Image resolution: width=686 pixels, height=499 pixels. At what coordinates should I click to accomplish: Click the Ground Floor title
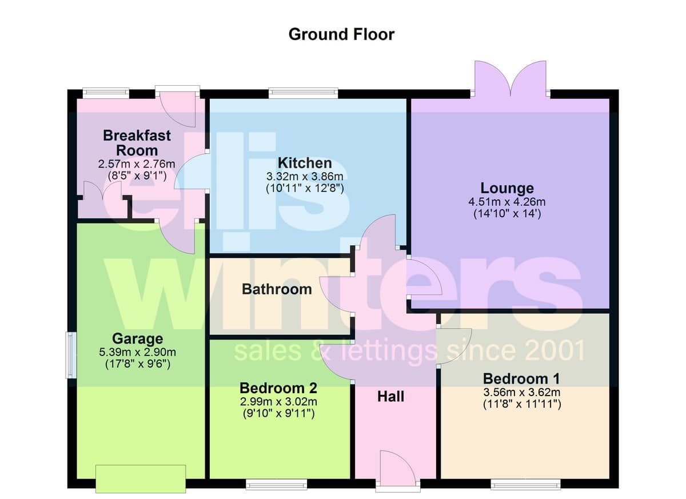341,34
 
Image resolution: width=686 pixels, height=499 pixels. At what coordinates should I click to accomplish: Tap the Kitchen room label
305,163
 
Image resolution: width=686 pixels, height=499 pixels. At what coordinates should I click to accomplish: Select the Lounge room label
507,188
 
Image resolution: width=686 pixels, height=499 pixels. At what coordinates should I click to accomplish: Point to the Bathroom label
277,289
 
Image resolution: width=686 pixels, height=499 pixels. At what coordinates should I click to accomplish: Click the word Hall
390,397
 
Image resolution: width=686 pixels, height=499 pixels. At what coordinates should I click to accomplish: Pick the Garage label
138,338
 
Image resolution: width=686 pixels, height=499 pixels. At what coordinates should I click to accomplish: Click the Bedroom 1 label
521,379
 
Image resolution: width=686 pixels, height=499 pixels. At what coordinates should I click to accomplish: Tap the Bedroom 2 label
278,388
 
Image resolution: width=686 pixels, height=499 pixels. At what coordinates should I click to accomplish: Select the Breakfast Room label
137,143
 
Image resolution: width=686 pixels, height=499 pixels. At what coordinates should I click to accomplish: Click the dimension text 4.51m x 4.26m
507,202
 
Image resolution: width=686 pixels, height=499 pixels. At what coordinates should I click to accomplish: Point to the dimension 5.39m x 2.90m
138,352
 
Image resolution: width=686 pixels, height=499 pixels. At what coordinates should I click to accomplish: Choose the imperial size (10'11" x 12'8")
305,188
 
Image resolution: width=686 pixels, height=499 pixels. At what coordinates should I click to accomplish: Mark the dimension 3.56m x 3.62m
522,392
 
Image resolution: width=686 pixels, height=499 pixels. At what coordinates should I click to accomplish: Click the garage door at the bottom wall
141,479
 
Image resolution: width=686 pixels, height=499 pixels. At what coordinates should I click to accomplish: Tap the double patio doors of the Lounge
510,79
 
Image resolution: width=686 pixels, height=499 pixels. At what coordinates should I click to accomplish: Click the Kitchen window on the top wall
303,93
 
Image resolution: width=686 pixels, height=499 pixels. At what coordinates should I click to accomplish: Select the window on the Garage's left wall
71,355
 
